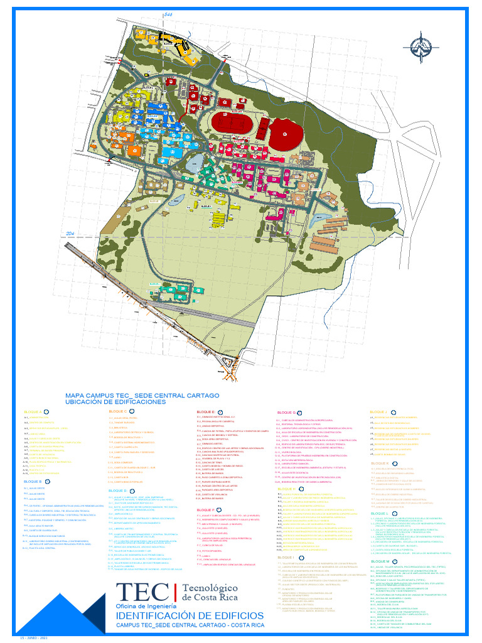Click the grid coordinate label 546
pos(168,14)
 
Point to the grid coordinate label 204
pos(70,234)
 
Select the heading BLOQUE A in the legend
pos(33,412)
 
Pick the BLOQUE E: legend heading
pos(206,411)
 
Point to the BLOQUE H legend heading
pos(286,488)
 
